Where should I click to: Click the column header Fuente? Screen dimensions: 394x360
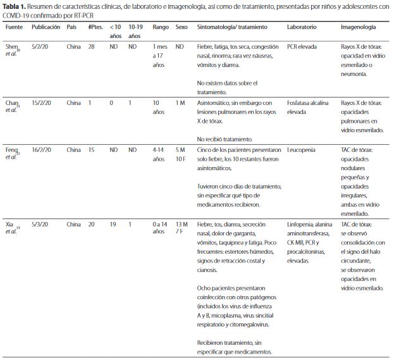[14, 27]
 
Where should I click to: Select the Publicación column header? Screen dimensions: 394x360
[46, 27]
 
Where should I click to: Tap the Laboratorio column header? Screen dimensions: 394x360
[302, 27]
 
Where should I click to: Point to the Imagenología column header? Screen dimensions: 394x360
[359, 27]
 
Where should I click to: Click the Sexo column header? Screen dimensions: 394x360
[182, 27]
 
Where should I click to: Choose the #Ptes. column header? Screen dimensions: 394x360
[95, 27]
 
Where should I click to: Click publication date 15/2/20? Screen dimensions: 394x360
[41, 103]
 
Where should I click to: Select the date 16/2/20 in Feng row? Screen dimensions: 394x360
[41, 150]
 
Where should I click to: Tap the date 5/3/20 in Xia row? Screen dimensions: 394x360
[40, 224]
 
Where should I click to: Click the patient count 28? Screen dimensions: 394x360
[91, 47]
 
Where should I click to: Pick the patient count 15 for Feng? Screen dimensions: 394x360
[91, 150]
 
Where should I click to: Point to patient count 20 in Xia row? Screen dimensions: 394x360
[91, 224]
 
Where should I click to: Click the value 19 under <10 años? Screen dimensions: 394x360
[113, 224]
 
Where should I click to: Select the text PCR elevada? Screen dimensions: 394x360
[302, 47]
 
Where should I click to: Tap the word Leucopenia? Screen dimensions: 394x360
[301, 150]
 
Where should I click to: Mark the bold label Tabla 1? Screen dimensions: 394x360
[14, 7]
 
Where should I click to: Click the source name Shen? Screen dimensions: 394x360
[11, 47]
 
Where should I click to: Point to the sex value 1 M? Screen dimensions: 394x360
[180, 103]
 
